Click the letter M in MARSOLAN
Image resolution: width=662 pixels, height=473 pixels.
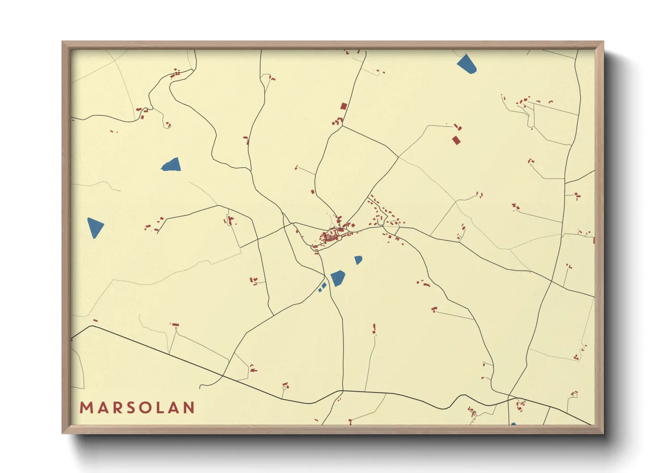coord(86,408)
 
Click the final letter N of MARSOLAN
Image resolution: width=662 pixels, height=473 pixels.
coord(189,408)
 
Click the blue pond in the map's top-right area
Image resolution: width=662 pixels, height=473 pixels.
coord(467,64)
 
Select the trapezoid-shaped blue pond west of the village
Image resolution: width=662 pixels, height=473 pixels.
coord(172,165)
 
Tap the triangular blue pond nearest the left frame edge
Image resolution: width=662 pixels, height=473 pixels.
coord(95,227)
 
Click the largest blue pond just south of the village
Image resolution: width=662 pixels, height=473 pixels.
coord(338,278)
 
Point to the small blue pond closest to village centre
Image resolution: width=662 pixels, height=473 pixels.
coord(358,260)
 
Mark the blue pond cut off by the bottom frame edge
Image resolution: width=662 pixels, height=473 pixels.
coord(513,423)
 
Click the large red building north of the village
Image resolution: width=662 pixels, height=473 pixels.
coord(344,106)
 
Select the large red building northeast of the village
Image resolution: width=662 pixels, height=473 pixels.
coord(456,140)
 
